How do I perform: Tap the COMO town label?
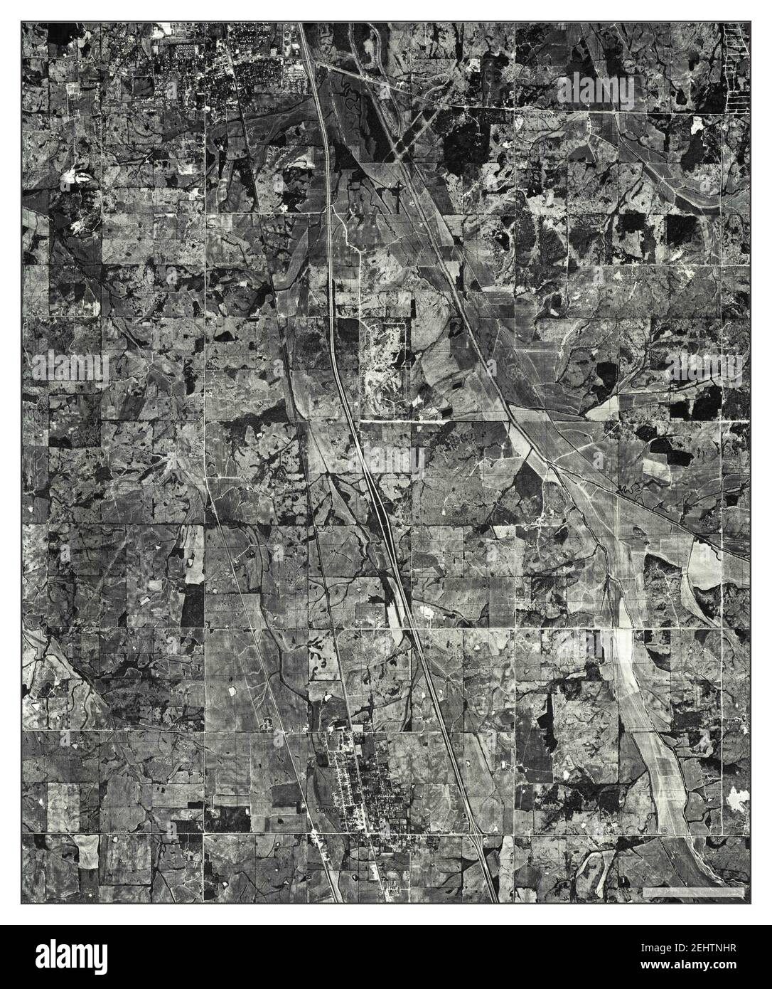[324, 810]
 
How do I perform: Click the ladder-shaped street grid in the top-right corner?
[731, 68]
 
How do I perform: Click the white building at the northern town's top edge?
[164, 28]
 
